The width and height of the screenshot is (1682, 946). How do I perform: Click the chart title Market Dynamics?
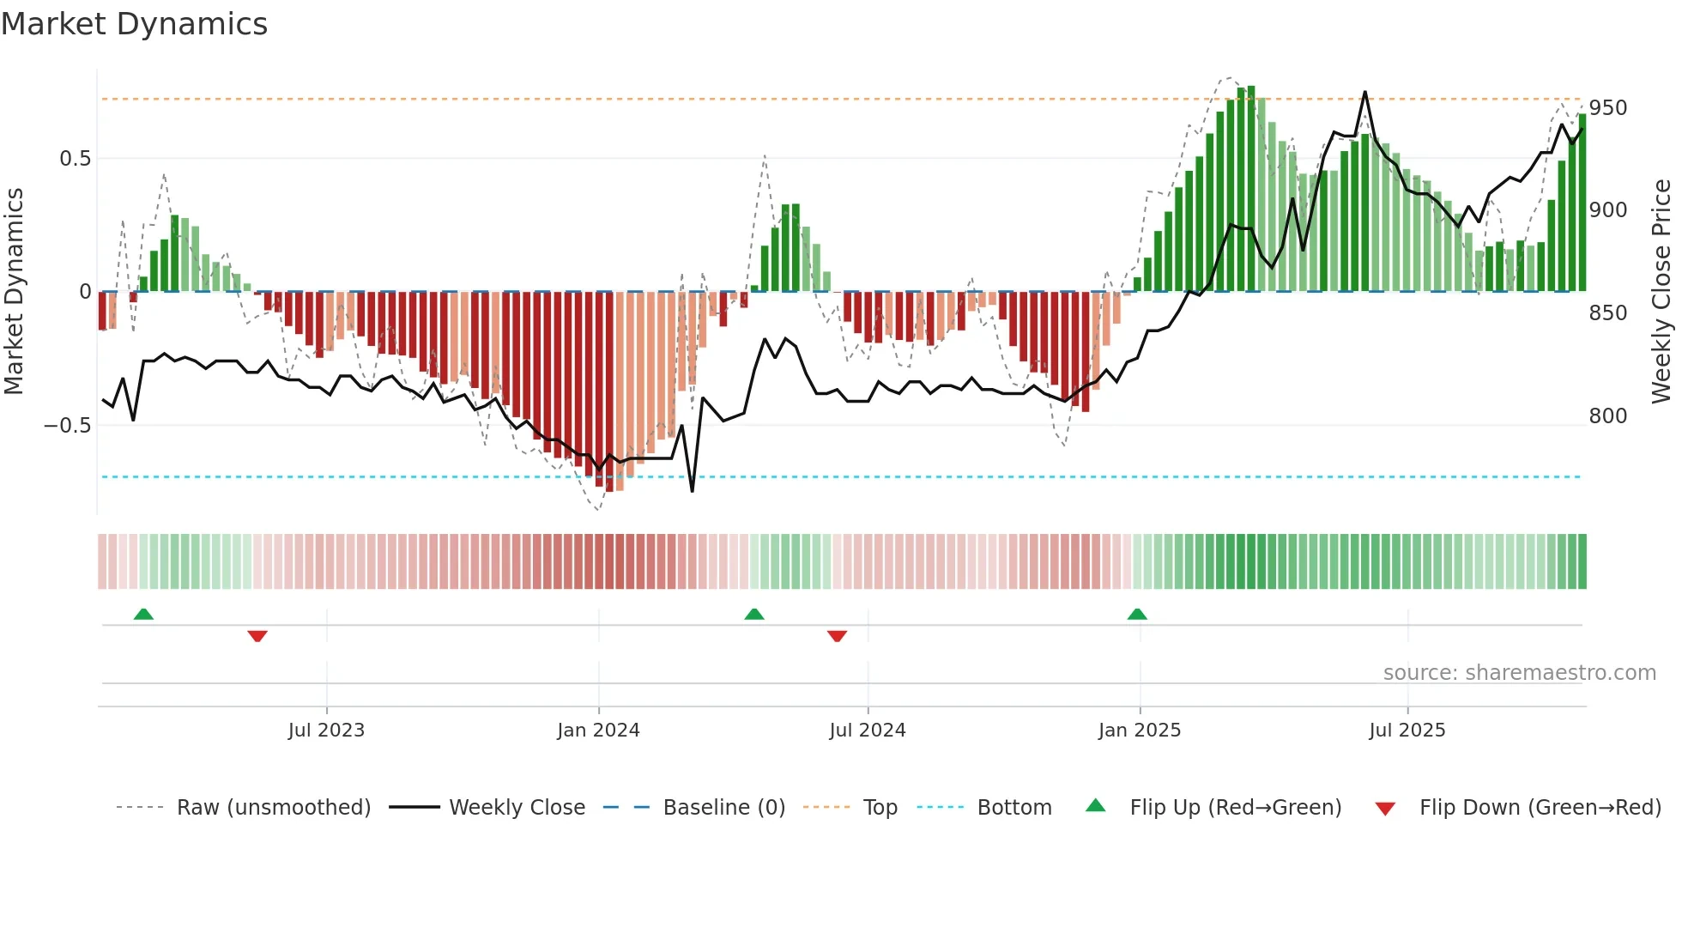point(134,24)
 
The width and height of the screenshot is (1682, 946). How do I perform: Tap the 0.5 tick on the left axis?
point(75,159)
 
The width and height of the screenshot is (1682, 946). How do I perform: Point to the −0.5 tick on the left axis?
point(67,426)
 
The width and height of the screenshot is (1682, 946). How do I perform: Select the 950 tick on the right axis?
point(1607,108)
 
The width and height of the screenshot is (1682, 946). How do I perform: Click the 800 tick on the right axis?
point(1607,416)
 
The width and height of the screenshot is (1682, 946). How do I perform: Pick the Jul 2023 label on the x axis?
point(326,731)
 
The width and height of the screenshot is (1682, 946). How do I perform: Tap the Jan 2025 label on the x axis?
point(1139,731)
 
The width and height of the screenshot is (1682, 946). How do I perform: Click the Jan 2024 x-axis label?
point(598,731)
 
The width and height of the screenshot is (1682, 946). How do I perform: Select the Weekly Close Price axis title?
point(1661,292)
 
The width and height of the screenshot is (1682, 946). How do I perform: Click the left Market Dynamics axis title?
point(14,292)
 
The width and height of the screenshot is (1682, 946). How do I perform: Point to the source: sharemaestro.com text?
point(1519,673)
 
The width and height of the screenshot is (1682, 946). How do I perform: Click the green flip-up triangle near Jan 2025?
point(1137,615)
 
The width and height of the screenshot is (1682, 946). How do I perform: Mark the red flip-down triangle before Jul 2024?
point(837,636)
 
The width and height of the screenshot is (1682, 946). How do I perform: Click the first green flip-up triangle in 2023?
point(143,615)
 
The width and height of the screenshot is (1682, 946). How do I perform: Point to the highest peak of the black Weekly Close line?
point(1364,92)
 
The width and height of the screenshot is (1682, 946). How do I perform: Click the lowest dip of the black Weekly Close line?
point(692,491)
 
